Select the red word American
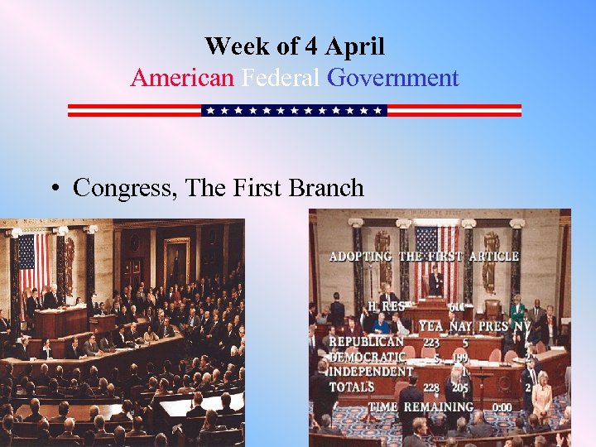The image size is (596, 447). pyautogui.click(x=182, y=79)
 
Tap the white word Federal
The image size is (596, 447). pyautogui.click(x=281, y=79)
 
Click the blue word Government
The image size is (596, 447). pyautogui.click(x=392, y=79)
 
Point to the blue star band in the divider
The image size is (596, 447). pyautogui.click(x=294, y=110)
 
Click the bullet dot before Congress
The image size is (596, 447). pyautogui.click(x=52, y=189)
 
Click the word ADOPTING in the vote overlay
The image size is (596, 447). pyautogui.click(x=361, y=257)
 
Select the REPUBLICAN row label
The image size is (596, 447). pyautogui.click(x=366, y=341)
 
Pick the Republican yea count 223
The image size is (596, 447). pyautogui.click(x=431, y=342)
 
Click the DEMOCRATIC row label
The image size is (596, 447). pyautogui.click(x=368, y=357)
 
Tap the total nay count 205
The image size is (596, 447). pyautogui.click(x=461, y=387)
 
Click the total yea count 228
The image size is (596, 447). pyautogui.click(x=431, y=387)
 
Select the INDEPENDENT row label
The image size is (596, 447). pyautogui.click(x=370, y=372)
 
